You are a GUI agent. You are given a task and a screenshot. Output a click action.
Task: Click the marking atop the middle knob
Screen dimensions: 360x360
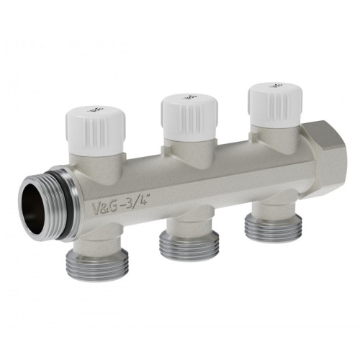(180, 96)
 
